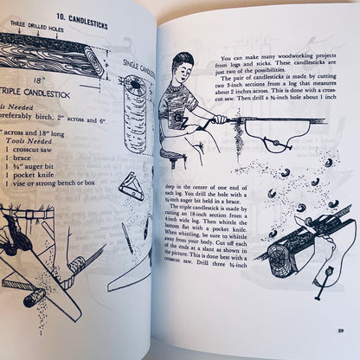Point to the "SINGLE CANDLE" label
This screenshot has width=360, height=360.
136,66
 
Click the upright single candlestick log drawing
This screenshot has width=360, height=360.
136,112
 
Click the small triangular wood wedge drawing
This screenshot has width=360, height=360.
131,186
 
